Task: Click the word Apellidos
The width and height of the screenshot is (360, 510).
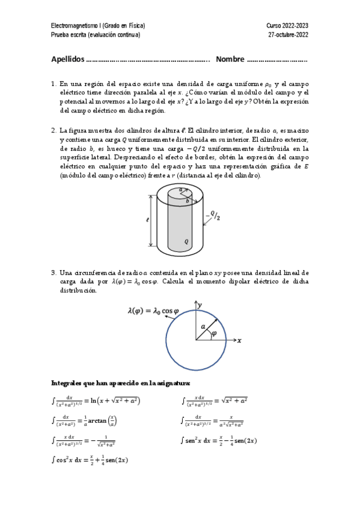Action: (x=67, y=60)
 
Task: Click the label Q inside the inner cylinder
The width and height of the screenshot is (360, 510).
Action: (x=187, y=240)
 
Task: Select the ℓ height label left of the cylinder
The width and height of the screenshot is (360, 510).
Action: (x=147, y=220)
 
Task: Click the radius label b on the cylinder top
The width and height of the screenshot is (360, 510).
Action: (x=187, y=201)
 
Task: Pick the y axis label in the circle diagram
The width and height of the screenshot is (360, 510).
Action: (x=200, y=305)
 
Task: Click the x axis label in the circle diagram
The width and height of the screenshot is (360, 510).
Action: (x=239, y=340)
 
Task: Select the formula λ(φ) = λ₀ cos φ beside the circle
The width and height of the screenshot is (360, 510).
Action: (x=153, y=311)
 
